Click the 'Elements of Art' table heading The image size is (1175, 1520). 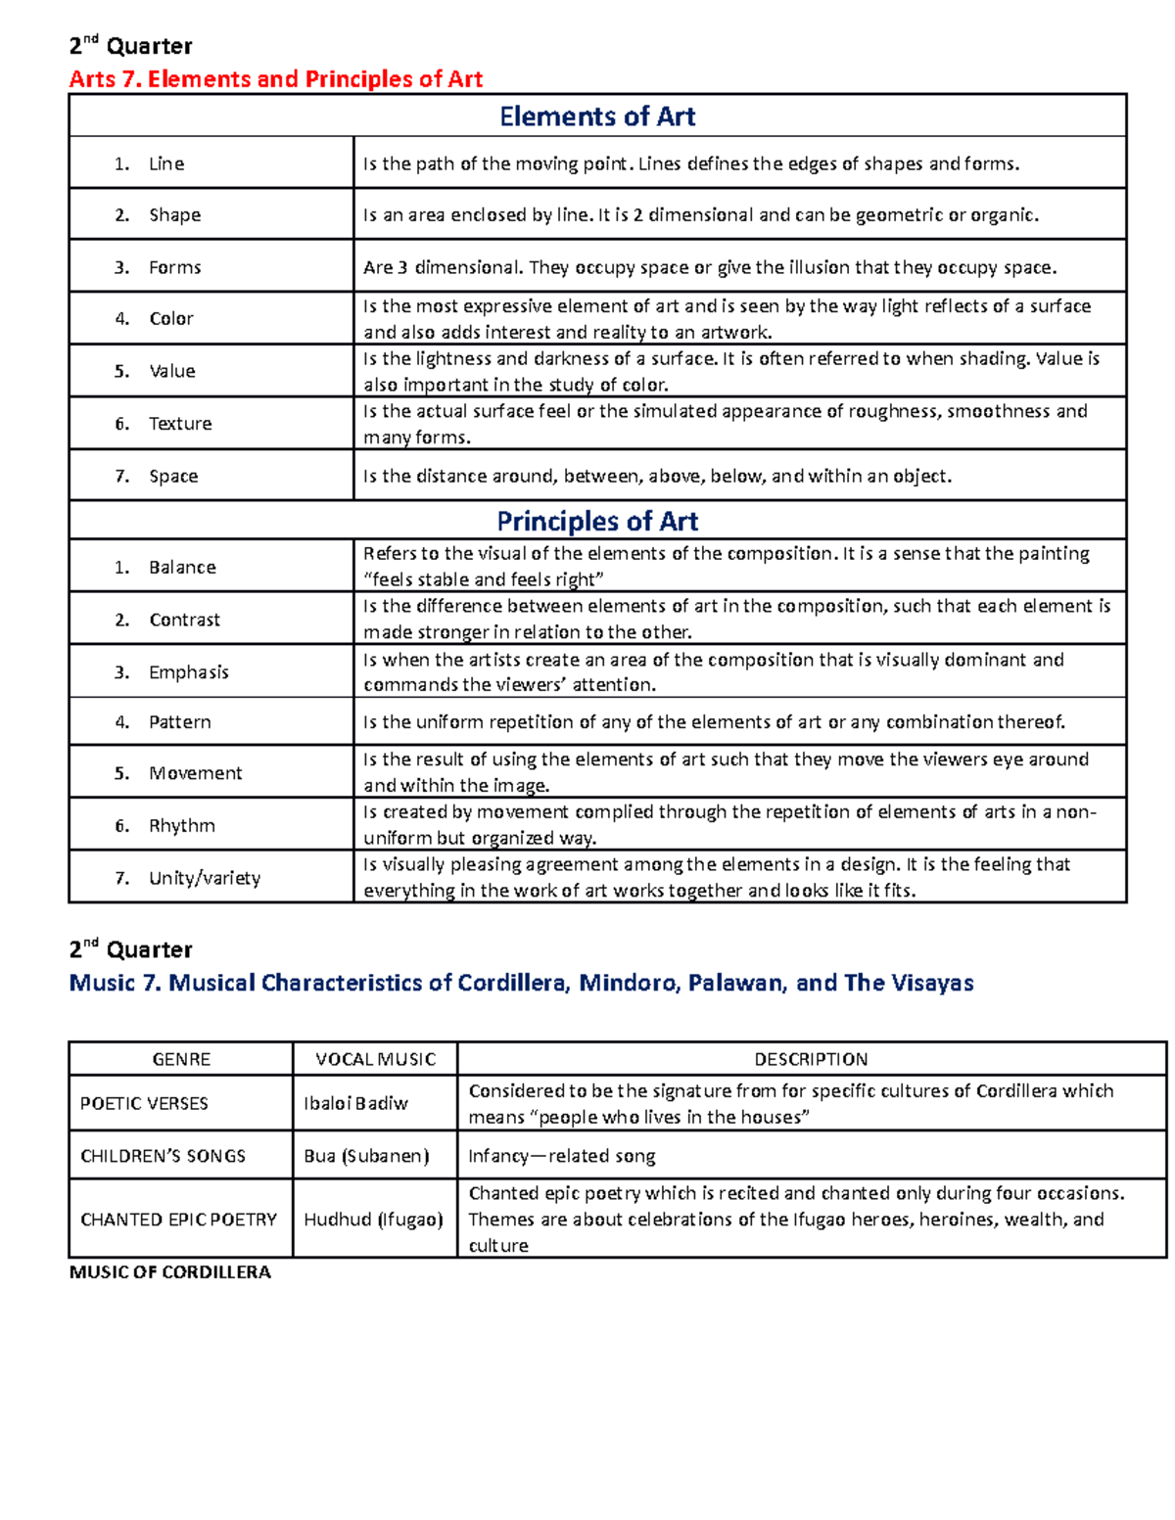point(597,116)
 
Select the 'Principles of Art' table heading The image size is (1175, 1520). point(597,521)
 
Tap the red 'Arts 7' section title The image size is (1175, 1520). point(276,79)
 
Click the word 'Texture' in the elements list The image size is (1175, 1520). point(180,424)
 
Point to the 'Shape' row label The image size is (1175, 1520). point(174,215)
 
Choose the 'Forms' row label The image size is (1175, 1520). point(174,267)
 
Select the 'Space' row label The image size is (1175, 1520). point(173,477)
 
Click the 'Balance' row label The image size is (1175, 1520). point(182,568)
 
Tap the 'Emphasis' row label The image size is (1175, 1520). point(188,672)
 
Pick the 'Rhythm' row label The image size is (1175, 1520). point(181,826)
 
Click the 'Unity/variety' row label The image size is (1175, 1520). point(205,878)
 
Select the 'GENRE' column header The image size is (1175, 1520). point(181,1059)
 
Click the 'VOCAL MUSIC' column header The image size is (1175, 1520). point(375,1059)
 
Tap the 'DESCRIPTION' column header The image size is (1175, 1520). point(811,1059)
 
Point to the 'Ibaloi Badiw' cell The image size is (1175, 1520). point(355,1104)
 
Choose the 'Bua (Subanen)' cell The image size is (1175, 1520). point(366,1156)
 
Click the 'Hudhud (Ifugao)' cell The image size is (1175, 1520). point(373,1220)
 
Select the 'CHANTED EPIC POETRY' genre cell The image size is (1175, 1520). point(178,1220)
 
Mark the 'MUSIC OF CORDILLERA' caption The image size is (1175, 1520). point(169,1272)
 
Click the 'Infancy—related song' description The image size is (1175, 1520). point(562,1156)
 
